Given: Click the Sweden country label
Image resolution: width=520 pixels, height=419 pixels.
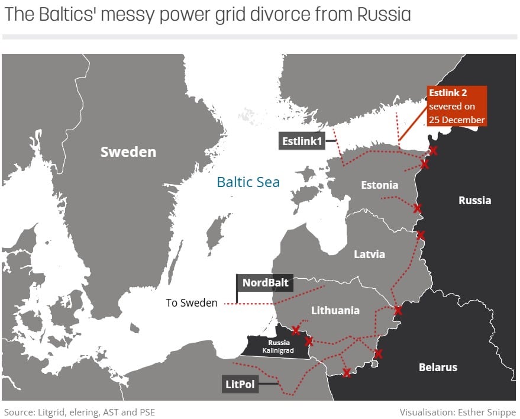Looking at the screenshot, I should coord(128,152).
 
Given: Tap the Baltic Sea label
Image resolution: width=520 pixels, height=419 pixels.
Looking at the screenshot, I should coord(248,182).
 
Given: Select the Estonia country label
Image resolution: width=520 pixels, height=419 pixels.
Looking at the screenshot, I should coord(379,185).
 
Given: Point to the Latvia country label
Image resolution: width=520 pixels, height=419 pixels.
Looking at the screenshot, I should coord(369,254).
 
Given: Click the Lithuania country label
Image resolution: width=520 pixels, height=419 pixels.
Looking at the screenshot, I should coord(335,310).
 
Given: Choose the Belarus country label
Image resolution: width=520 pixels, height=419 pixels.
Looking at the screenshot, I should coord(438,367).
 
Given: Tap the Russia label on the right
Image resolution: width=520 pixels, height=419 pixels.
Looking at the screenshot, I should coord(474,200).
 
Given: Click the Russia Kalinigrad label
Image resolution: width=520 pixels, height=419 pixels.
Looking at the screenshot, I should coord(279,347).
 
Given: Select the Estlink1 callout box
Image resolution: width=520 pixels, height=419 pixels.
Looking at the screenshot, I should coord(301,141).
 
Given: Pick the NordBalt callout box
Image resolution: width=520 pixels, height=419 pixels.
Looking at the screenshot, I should coord(266,282).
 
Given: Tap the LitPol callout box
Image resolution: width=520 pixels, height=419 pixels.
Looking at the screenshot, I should coord(240,384).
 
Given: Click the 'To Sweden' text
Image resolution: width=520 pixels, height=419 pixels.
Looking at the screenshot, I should coord(192,303).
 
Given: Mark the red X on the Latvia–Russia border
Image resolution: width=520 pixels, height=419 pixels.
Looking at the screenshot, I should coord(420,235).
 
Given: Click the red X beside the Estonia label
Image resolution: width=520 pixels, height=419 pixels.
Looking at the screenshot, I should coord(418,208).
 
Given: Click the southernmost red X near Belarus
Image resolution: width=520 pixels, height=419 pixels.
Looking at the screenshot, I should coord(347,372).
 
